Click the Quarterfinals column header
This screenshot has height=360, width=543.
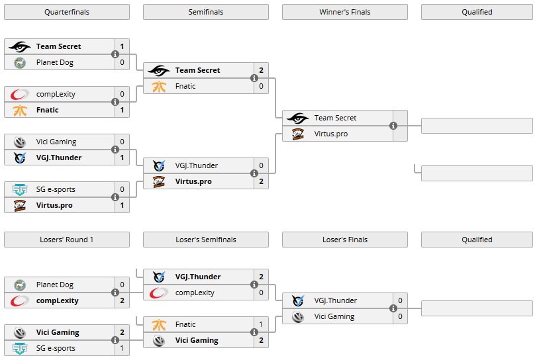point(67,12)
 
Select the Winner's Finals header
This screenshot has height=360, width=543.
point(344,12)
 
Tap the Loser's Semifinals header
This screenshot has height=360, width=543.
point(205,240)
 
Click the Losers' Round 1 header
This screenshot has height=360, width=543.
point(67,240)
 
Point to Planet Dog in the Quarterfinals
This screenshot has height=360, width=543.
point(55,62)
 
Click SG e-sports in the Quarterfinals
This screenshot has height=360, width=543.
point(56,189)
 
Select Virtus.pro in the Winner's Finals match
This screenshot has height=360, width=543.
point(330,134)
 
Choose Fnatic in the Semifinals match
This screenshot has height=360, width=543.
point(185,86)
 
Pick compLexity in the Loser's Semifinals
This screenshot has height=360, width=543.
point(195,292)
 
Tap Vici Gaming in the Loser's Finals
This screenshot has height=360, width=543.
point(334,316)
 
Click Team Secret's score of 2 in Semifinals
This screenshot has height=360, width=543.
point(261,70)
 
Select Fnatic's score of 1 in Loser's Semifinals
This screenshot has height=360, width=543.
point(261,324)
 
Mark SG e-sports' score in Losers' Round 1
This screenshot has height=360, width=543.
point(122,348)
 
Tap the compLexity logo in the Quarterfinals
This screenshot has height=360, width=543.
point(20,94)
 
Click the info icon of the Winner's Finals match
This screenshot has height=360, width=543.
point(393,126)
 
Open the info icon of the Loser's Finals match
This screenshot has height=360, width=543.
point(393,308)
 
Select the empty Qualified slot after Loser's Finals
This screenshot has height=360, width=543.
point(477,308)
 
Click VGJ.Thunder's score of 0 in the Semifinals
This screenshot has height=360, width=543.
point(261,165)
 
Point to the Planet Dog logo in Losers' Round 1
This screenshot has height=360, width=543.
point(20,285)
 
